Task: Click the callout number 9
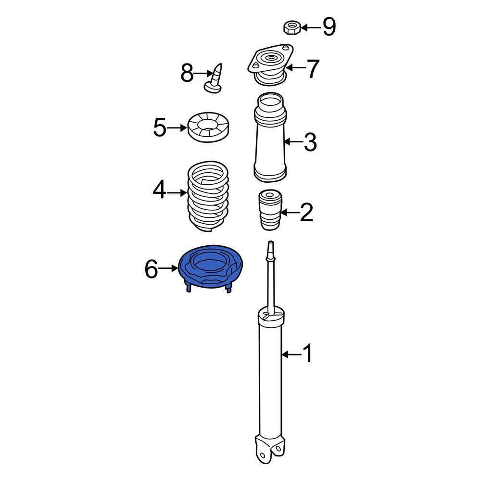click(x=329, y=27)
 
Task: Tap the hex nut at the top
click(x=291, y=27)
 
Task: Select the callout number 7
click(x=313, y=68)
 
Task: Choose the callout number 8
click(x=187, y=74)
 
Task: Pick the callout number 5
click(x=160, y=127)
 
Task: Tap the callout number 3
click(x=310, y=142)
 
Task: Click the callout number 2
click(x=306, y=212)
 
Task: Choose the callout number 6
click(x=151, y=269)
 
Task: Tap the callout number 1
click(x=306, y=354)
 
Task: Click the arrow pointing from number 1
click(x=290, y=354)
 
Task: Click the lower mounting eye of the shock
click(x=264, y=454)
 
